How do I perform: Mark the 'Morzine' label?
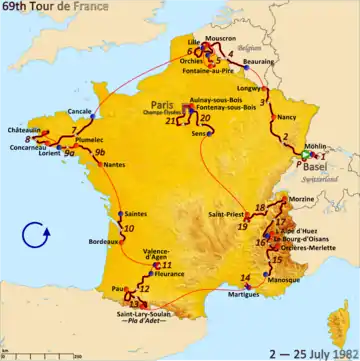tap(304, 201)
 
